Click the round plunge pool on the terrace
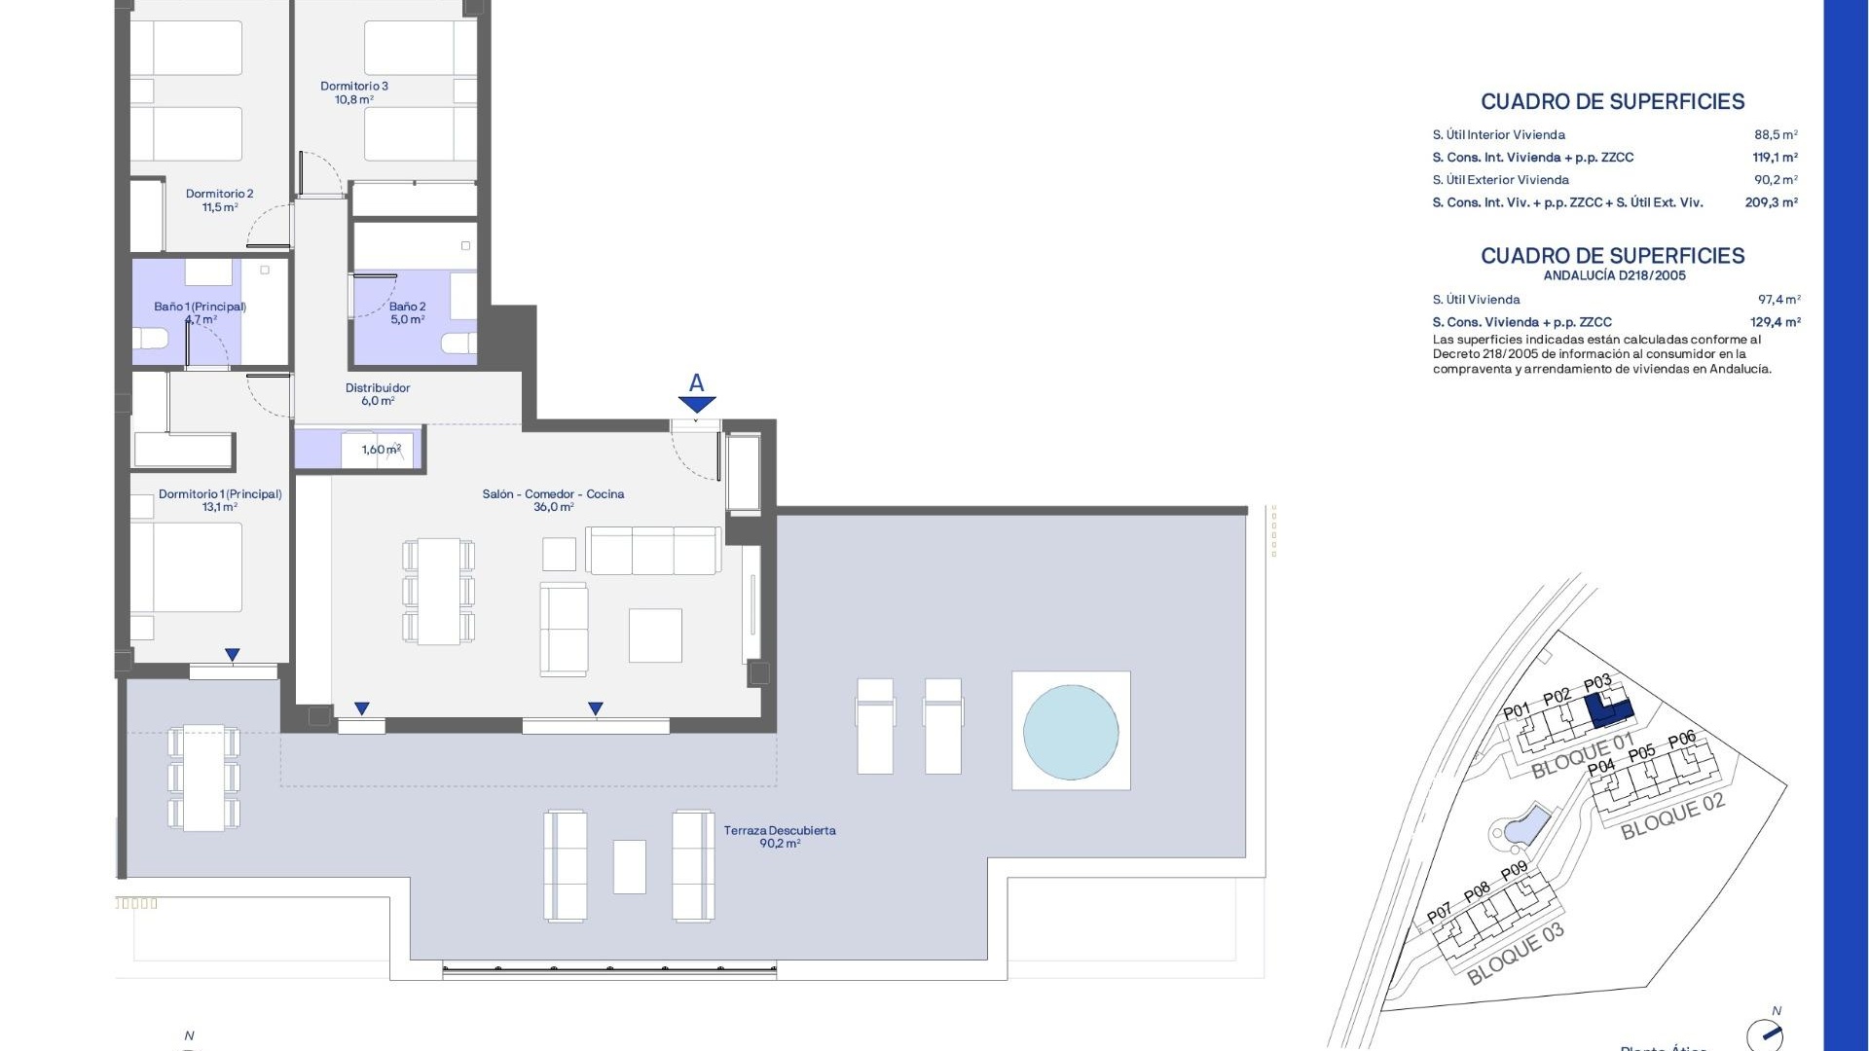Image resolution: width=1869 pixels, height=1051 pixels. pyautogui.click(x=1070, y=732)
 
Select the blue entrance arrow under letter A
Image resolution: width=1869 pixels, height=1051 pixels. pyautogui.click(x=696, y=404)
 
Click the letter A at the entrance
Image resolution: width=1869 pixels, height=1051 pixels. pyautogui.click(x=696, y=382)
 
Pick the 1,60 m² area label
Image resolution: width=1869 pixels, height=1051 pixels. pyautogui.click(x=381, y=450)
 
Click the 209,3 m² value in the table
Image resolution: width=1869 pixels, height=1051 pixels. pyautogui.click(x=1771, y=202)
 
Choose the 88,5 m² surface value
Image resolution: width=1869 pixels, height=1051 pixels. pyautogui.click(x=1776, y=135)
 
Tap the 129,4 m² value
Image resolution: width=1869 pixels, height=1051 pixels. pyautogui.click(x=1775, y=322)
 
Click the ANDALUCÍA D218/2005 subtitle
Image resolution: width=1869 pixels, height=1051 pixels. pyautogui.click(x=1614, y=275)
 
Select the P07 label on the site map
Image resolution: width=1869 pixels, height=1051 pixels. pyautogui.click(x=1439, y=914)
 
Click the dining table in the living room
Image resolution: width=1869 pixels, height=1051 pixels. pyautogui.click(x=438, y=592)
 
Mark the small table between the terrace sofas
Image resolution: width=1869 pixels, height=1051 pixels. pyautogui.click(x=630, y=866)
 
